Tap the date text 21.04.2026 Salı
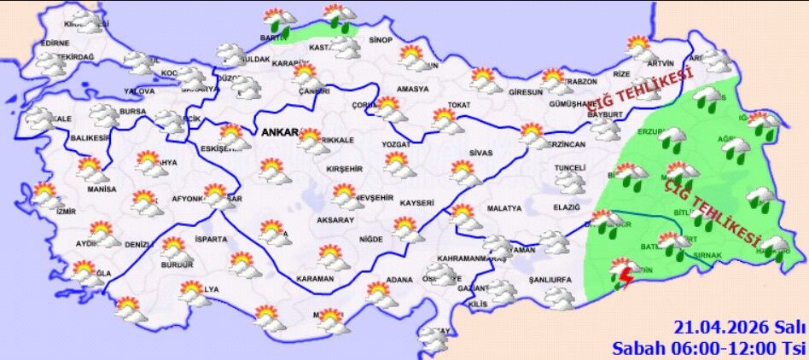click(x=739, y=328)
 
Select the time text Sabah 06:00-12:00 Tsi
click(x=708, y=347)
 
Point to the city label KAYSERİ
click(x=417, y=203)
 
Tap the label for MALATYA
click(x=503, y=208)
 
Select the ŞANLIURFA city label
click(x=549, y=279)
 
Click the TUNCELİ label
click(x=569, y=168)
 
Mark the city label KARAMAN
click(x=315, y=279)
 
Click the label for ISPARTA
click(x=210, y=239)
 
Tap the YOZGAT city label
click(x=397, y=146)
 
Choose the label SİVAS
click(x=481, y=153)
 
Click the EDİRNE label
click(x=55, y=43)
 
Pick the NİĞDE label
click(x=371, y=239)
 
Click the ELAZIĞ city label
click(x=567, y=206)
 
